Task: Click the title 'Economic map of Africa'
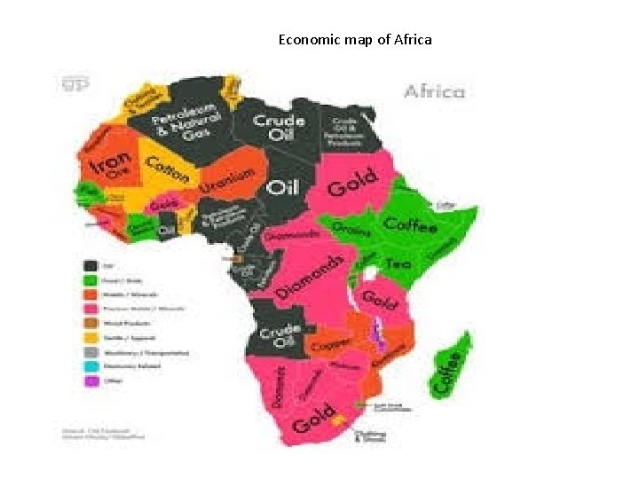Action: tap(355, 40)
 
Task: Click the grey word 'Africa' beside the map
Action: tap(434, 90)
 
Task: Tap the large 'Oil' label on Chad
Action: tap(284, 187)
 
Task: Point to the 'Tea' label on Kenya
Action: tap(399, 263)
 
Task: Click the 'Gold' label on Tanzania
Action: tap(379, 300)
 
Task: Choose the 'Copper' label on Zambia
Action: tap(328, 342)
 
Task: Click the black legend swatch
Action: tap(90, 265)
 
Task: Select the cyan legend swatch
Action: tap(90, 365)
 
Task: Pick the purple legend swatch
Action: tap(90, 382)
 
